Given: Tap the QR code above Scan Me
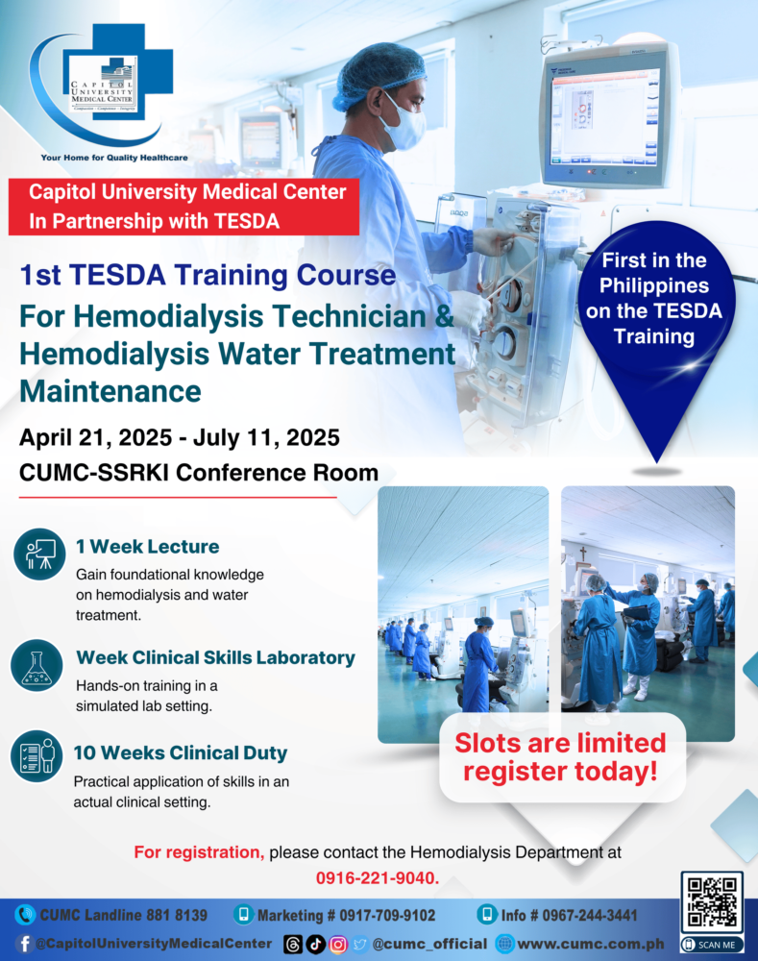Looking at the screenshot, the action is (x=712, y=902).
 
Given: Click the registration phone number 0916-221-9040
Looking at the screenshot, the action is (x=376, y=878).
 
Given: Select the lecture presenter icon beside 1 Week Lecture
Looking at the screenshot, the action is (x=39, y=554).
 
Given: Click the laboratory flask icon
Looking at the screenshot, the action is (x=37, y=666).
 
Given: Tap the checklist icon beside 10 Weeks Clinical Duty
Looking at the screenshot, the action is (x=37, y=755).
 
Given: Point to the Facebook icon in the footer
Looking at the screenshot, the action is (x=24, y=944).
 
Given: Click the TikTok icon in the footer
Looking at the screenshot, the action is (x=315, y=944).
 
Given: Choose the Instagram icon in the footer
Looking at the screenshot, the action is (x=337, y=944).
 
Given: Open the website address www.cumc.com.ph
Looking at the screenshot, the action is (x=591, y=944).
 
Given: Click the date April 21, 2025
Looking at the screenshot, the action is (x=96, y=437).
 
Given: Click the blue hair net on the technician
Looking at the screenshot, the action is (x=379, y=72).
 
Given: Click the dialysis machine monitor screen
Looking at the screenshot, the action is (x=603, y=116).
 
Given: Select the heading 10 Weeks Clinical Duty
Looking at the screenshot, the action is (x=181, y=752).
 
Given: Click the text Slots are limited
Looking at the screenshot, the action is (x=560, y=743).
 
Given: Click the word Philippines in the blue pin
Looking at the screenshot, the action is (x=654, y=286).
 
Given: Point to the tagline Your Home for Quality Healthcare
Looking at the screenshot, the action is (x=114, y=158).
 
